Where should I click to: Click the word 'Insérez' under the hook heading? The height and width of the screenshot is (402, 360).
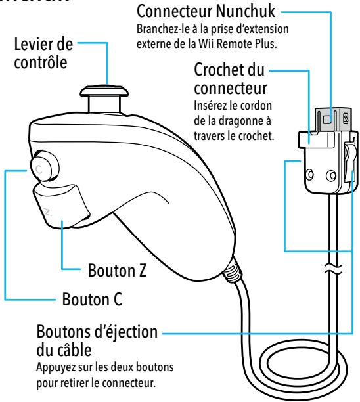click(198, 105)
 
